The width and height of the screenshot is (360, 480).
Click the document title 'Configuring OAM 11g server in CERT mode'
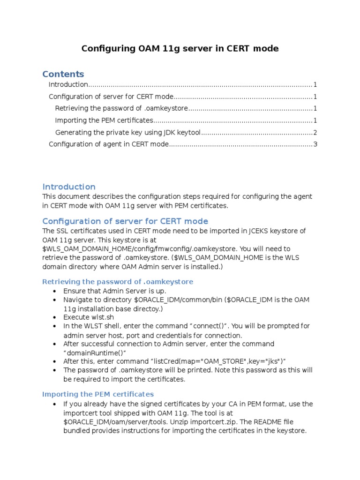click(180, 49)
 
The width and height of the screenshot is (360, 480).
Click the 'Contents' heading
click(63, 74)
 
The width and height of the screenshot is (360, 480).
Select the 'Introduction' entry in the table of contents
click(68, 85)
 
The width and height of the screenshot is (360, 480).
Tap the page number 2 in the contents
click(315, 133)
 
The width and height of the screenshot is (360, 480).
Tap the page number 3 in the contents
click(315, 144)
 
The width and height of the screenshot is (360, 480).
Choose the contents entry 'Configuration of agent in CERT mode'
click(108, 144)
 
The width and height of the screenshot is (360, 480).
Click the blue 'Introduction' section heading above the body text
click(69, 187)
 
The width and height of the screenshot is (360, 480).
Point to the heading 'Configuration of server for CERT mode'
click(125, 221)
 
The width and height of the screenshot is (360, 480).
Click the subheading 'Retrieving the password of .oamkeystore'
click(118, 282)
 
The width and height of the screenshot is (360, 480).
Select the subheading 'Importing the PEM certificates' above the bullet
click(98, 394)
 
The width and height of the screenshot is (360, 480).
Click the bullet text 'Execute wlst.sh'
click(89, 317)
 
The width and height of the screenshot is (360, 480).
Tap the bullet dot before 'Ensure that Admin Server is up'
click(55, 291)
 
